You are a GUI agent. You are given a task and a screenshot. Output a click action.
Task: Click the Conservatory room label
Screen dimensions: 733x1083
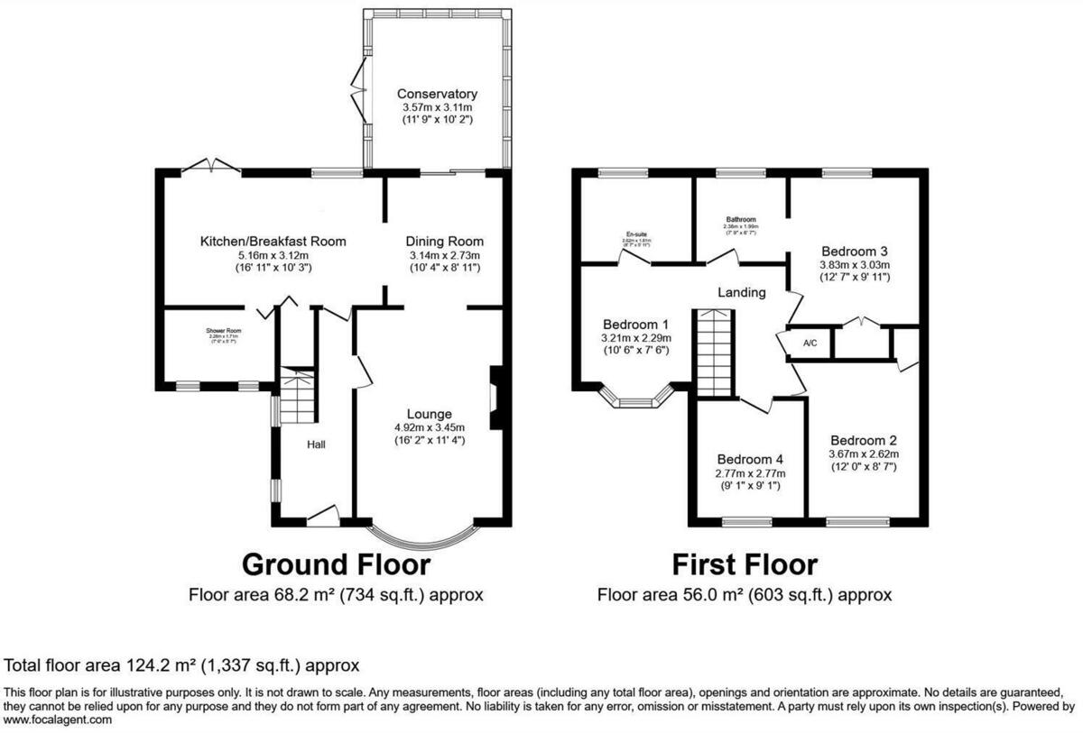point(437,94)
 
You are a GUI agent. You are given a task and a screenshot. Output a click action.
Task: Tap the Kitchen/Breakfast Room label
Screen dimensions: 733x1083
point(273,242)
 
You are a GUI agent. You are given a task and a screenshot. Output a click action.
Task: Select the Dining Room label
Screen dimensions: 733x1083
point(444,242)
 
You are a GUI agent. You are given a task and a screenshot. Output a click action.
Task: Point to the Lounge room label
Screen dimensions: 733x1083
point(429,414)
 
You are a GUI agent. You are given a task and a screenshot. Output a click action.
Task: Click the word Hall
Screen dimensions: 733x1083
point(315,444)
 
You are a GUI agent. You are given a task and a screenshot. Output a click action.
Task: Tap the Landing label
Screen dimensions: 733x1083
point(741,292)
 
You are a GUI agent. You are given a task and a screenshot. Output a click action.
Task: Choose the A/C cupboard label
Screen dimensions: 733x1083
point(809,344)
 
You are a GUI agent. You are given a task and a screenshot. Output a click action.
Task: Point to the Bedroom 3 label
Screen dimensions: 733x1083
point(854,251)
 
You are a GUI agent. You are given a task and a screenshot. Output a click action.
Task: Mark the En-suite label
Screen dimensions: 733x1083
point(636,234)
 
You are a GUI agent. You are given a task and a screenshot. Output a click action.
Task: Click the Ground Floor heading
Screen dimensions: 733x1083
point(336,564)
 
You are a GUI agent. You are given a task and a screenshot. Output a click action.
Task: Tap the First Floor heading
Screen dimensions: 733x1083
point(744,564)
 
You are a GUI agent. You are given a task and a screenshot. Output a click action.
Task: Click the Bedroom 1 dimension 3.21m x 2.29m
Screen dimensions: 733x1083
point(635,337)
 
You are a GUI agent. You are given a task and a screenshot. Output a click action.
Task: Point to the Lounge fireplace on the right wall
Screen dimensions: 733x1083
point(495,397)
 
